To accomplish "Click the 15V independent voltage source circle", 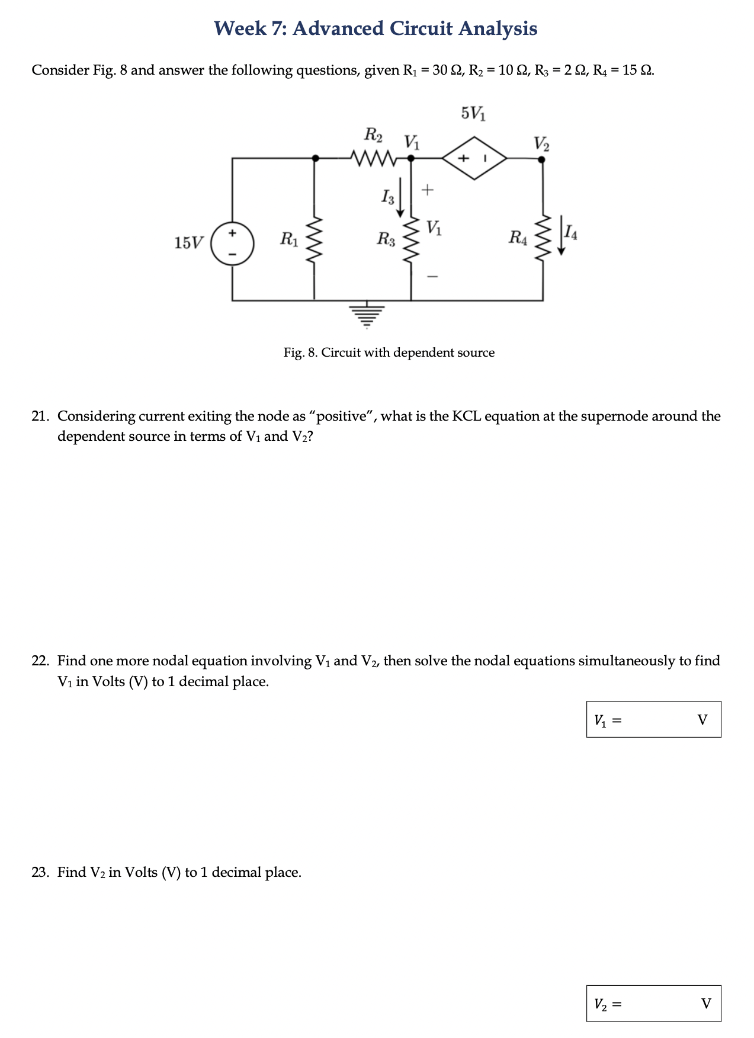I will click(x=232, y=242).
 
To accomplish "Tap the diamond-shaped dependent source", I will click(x=474, y=158).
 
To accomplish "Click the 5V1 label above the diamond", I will click(x=473, y=113).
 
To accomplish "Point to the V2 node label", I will click(x=541, y=143).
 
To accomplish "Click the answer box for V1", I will click(x=653, y=719).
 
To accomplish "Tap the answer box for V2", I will click(x=653, y=1003).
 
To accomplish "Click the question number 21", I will click(x=40, y=416).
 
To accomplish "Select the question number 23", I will click(x=40, y=872).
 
